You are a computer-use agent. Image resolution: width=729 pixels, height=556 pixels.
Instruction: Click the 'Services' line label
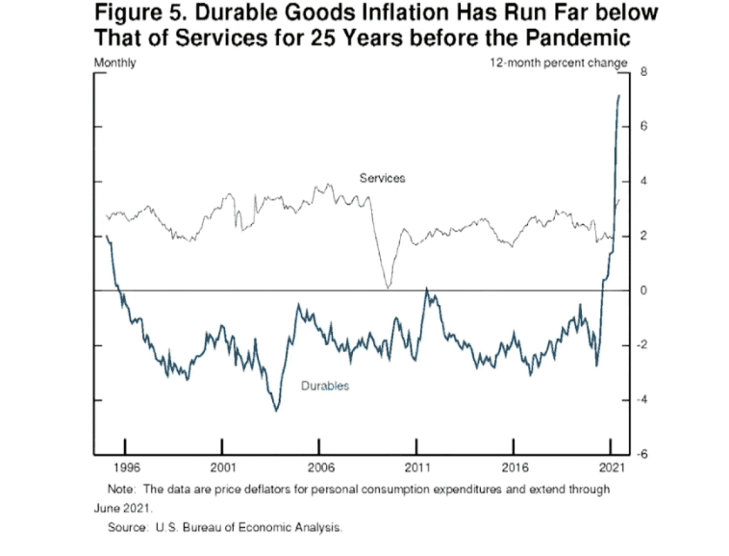[x=382, y=178]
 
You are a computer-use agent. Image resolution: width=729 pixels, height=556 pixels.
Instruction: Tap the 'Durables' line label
[x=325, y=386]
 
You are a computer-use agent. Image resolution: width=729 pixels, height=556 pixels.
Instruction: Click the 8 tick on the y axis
[x=643, y=72]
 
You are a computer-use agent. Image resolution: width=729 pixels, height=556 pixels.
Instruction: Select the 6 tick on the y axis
[x=643, y=126]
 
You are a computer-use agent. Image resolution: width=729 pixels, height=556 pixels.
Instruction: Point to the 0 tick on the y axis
[x=643, y=291]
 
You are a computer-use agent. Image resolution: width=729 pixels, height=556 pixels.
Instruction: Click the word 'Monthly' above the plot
[x=114, y=63]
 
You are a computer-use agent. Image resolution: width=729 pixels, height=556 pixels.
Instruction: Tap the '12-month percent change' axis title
[x=559, y=63]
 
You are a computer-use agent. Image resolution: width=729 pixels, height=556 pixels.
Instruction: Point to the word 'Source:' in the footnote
[x=128, y=527]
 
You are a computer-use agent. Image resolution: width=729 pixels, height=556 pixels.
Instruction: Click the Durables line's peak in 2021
[x=618, y=96]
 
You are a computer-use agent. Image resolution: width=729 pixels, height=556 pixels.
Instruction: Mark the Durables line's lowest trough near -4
[x=276, y=411]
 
